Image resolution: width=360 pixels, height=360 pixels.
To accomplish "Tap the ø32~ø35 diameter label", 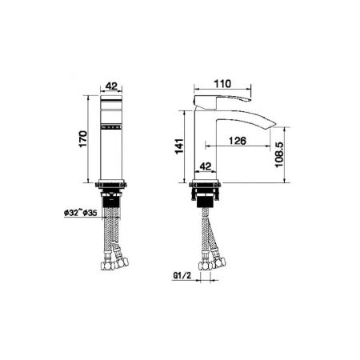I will (x=78, y=212).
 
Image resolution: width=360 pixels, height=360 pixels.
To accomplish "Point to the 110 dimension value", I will (x=223, y=81).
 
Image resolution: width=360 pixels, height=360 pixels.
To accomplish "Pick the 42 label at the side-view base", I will (x=205, y=166).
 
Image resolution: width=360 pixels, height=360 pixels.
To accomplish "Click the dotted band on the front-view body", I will (x=112, y=126).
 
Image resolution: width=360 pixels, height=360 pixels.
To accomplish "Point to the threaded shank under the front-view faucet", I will (x=112, y=198).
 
